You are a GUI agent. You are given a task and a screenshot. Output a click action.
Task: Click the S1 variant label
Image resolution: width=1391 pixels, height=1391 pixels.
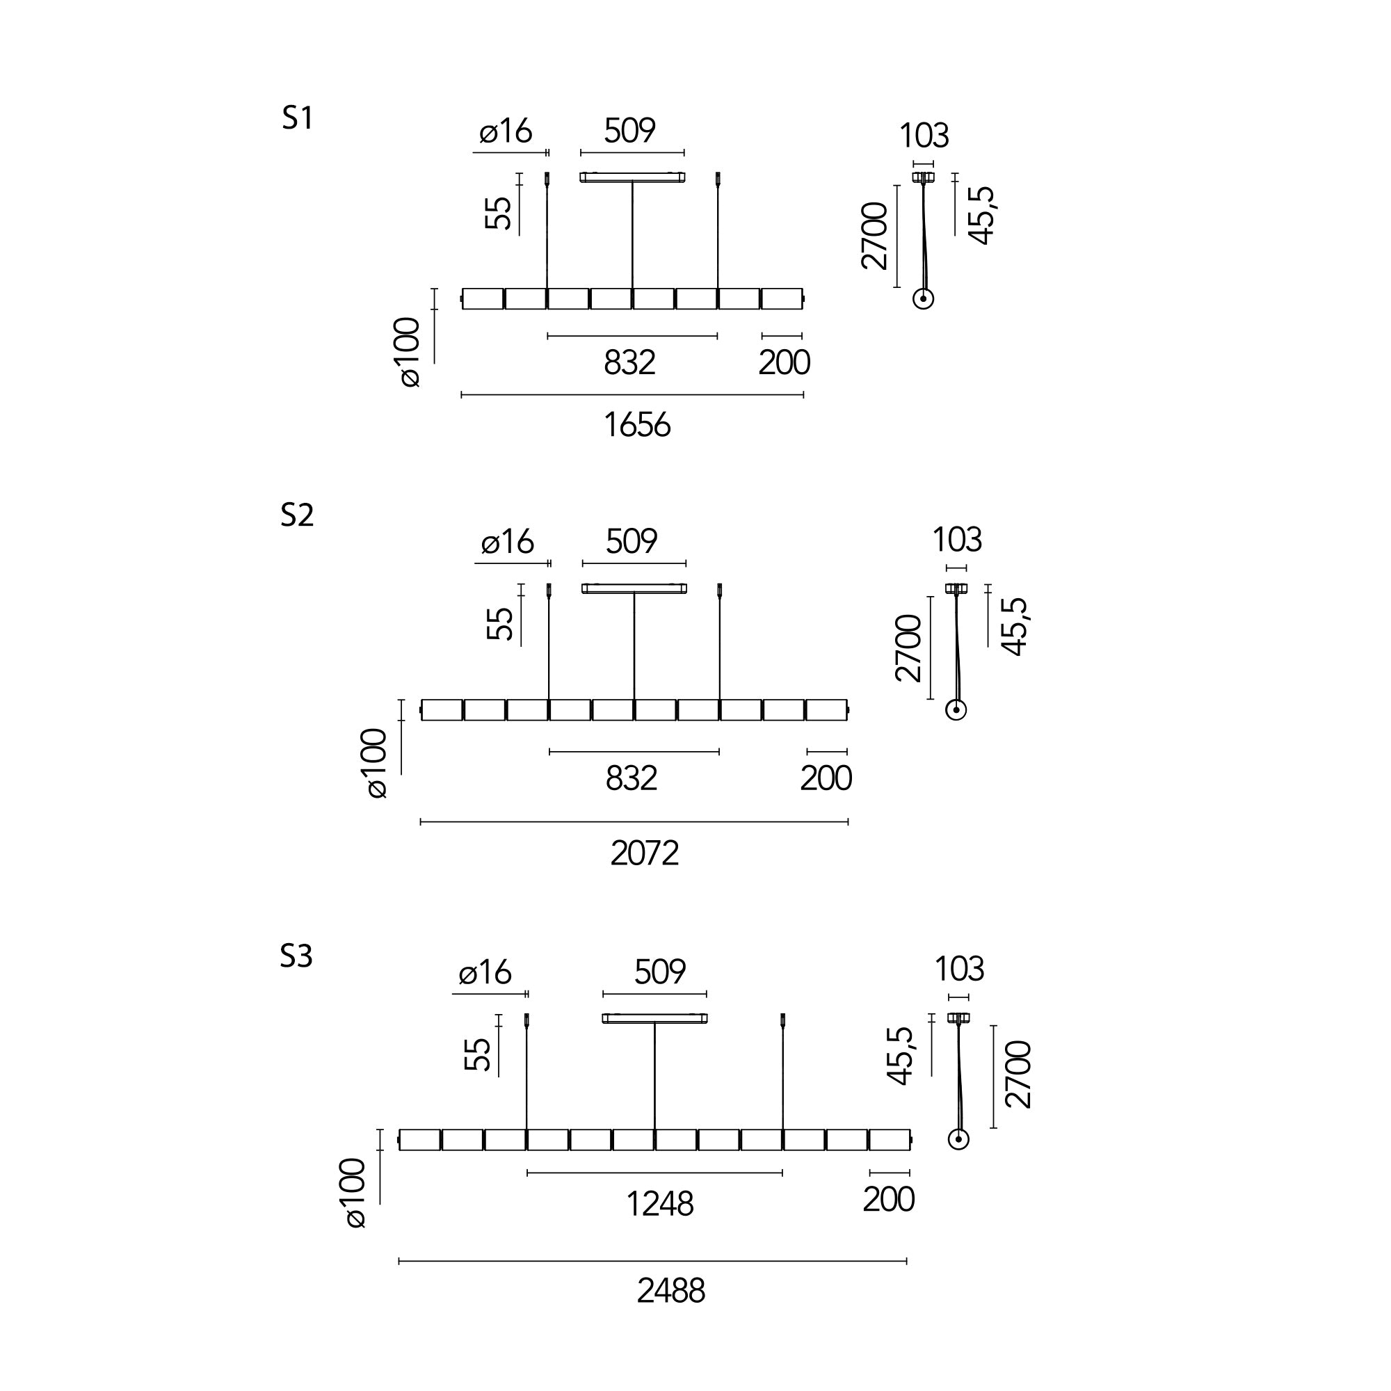click(x=298, y=119)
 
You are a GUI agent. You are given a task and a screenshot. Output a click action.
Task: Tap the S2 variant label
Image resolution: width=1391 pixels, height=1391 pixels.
click(x=297, y=515)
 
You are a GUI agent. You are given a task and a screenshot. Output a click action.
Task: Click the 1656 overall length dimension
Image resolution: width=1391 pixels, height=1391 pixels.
click(x=637, y=426)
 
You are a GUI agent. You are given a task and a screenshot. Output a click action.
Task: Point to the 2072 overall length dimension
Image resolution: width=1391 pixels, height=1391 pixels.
click(x=645, y=854)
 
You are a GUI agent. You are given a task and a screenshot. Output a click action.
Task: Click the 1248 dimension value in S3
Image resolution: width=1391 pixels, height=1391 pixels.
click(x=659, y=1205)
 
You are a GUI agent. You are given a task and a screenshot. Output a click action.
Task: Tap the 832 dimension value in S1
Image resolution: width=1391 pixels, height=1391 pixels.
click(x=629, y=363)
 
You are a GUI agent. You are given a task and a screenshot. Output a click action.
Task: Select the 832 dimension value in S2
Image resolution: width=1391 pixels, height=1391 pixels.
click(x=632, y=779)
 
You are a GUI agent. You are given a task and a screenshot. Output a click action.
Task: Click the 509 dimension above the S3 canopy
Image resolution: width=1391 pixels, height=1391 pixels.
click(x=659, y=972)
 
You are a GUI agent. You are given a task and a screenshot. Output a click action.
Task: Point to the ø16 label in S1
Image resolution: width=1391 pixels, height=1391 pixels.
click(x=506, y=131)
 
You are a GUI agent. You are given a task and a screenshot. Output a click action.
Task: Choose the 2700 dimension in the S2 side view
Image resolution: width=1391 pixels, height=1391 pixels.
click(x=908, y=648)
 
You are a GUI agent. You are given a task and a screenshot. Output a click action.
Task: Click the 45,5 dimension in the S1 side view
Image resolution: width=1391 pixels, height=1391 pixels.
click(x=982, y=216)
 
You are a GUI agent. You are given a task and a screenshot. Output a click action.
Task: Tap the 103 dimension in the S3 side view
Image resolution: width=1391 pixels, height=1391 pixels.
click(x=959, y=969)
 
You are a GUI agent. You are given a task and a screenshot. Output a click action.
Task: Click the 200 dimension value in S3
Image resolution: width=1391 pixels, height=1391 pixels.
click(x=888, y=1200)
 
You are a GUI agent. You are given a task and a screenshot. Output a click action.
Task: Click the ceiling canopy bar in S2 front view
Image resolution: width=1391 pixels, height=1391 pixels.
click(x=634, y=589)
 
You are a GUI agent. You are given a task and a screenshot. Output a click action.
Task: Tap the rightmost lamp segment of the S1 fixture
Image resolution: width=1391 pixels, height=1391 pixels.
click(x=782, y=299)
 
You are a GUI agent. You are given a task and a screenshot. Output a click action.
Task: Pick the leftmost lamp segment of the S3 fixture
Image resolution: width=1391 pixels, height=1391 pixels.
click(x=420, y=1140)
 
